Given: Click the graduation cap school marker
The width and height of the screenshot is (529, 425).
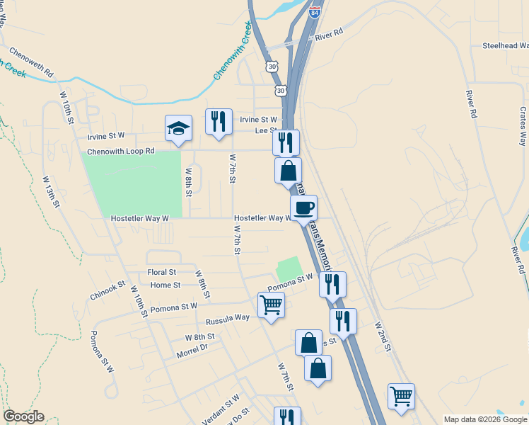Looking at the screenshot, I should tap(178, 128).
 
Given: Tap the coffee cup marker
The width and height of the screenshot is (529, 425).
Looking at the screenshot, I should tap(303, 207).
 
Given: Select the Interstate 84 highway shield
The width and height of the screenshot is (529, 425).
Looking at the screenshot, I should tap(314, 11).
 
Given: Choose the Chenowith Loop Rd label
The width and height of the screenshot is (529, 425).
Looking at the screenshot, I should tap(120, 152).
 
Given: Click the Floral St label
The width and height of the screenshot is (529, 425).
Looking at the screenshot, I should tap(161, 272).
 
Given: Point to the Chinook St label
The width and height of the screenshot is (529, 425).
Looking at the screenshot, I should tap(107, 289).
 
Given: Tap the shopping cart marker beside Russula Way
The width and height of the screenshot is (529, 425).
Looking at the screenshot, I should tap(271, 305).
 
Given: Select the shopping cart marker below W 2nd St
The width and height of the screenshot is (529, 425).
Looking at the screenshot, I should tap(401, 396).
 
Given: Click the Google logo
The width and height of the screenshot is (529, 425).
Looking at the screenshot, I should tap(23, 416).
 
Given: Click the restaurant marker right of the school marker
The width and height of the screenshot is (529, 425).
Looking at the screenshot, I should tap(219, 121).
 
